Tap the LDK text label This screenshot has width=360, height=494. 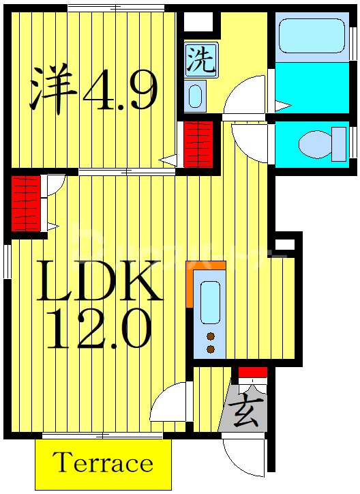tap(100, 281)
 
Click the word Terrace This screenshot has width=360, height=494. tap(103, 464)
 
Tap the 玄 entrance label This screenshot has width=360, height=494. tap(245, 413)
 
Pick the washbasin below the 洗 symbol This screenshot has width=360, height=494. tap(195, 96)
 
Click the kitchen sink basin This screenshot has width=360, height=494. tap(210, 300)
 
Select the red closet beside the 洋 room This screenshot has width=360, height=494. tap(199, 143)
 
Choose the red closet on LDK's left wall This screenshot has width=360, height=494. tap(25, 204)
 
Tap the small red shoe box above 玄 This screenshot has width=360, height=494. tap(252, 372)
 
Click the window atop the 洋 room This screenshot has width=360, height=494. tap(116, 8)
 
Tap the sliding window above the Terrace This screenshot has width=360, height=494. tap(102, 435)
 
